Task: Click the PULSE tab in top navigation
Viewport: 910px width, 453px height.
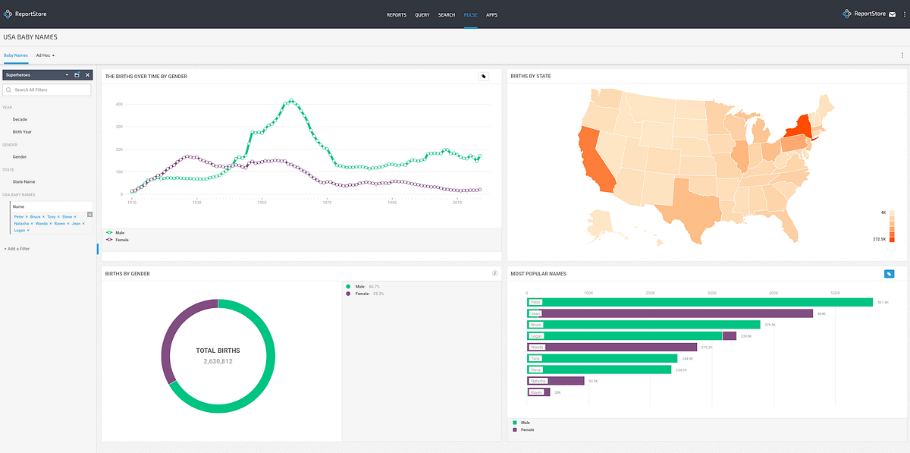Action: pyautogui.click(x=470, y=14)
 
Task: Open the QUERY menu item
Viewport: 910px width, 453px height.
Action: pyautogui.click(x=422, y=14)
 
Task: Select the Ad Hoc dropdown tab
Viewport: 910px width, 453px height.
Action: pyautogui.click(x=45, y=55)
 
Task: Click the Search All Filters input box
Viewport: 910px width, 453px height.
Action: pyautogui.click(x=47, y=90)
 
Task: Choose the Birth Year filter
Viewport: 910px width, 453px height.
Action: pyautogui.click(x=22, y=132)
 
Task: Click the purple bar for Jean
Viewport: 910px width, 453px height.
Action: pyautogui.click(x=675, y=313)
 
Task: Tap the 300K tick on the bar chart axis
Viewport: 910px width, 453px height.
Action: pyautogui.click(x=712, y=292)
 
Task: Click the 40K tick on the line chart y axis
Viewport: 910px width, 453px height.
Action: pyautogui.click(x=119, y=105)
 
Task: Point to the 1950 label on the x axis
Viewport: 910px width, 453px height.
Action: pyautogui.click(x=262, y=203)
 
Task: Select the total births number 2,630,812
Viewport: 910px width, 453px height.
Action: pyautogui.click(x=218, y=362)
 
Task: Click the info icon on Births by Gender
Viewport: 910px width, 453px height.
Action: pyautogui.click(x=494, y=273)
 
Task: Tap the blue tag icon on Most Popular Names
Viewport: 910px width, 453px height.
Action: pyautogui.click(x=890, y=274)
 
